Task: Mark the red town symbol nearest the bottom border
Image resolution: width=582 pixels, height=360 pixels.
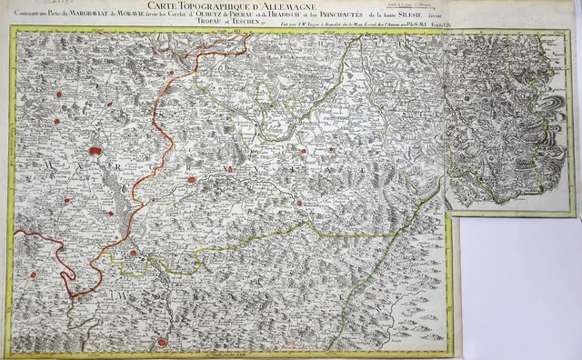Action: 162,342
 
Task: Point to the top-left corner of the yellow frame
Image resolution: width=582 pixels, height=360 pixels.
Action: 12,27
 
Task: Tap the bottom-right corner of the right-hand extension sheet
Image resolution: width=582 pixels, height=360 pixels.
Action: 575,216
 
